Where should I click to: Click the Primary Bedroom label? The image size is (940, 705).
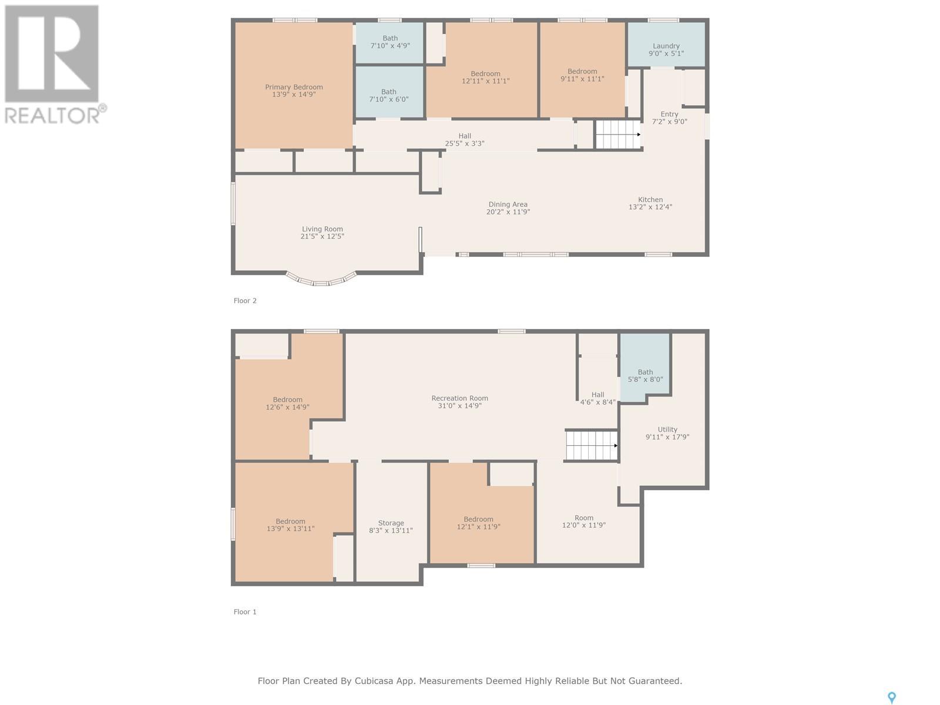point(294,90)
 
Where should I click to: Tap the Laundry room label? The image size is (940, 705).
point(666,50)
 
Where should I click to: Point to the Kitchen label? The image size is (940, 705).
point(650,203)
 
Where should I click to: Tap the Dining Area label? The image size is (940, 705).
point(508,208)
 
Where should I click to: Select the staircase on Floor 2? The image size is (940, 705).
point(618,135)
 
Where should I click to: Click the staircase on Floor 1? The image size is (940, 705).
point(592,445)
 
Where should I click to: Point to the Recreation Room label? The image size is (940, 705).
point(459,402)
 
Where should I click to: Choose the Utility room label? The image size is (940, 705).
point(667,433)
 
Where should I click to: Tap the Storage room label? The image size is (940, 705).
point(391,527)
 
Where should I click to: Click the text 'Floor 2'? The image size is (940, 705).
point(245,301)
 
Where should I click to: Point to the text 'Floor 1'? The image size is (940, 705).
point(245,612)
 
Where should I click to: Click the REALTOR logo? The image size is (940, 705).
point(55,65)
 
